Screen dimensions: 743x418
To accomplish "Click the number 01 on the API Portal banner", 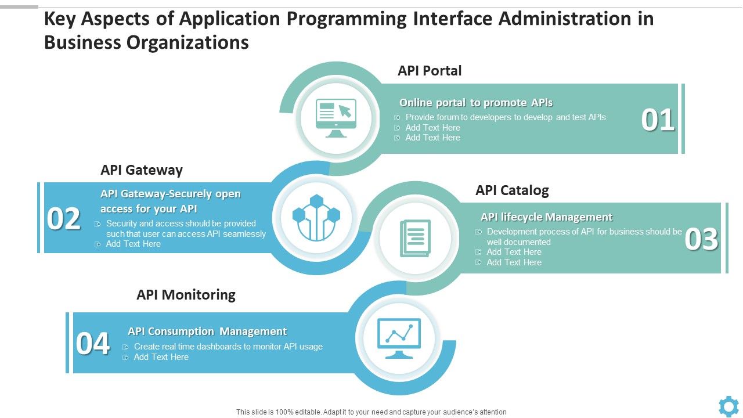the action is pos(658,120).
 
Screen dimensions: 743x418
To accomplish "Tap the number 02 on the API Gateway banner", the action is pos(63,219).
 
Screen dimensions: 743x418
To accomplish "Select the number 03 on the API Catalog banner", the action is pos(701,239).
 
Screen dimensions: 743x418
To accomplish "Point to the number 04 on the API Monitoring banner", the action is pos(92,343).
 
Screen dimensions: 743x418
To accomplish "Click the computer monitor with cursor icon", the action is pos(336,118).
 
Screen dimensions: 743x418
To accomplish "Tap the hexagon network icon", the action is pos(316,218).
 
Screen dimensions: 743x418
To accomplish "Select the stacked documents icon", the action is pos(415,238).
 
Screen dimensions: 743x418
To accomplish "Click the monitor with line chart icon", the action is pos(399,338).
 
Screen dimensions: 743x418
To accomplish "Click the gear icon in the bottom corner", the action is pos(728,406).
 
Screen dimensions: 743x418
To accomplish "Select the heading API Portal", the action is pos(430,71).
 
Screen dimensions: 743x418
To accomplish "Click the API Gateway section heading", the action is pos(142,170).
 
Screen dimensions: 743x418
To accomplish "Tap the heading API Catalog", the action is pos(512,190).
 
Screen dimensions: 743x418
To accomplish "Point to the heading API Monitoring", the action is pos(186,294).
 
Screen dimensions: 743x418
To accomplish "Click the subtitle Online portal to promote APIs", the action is pos(476,103).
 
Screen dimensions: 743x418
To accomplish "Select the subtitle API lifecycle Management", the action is pos(547,217).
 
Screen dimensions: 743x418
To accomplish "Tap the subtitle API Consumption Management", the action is pos(207,331).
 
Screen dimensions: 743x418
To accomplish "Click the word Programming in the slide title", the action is pos(347,19).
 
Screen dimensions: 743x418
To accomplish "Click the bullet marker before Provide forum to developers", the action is pos(397,117).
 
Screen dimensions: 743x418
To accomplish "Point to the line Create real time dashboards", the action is pos(228,347).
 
